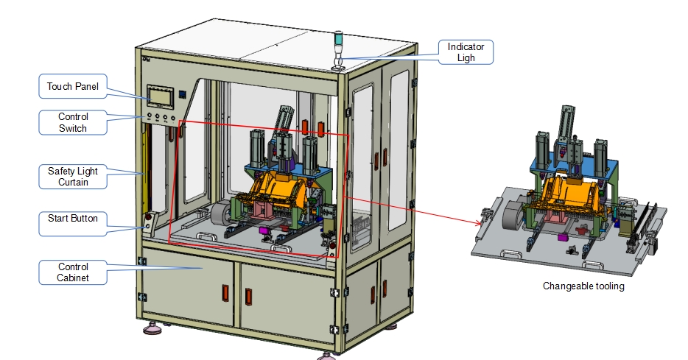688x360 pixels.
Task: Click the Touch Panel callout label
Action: pyautogui.click(x=73, y=86)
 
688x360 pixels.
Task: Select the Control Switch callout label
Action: pyautogui.click(x=73, y=122)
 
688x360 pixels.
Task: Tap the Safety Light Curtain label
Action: pyautogui.click(x=73, y=176)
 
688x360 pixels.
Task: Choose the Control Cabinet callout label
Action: pyautogui.click(x=73, y=272)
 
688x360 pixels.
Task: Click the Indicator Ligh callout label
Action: pyautogui.click(x=466, y=52)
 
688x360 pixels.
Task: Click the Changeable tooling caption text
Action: pyautogui.click(x=583, y=286)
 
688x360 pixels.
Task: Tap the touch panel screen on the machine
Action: pyautogui.click(x=160, y=96)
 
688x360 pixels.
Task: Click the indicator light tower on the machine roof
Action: pyautogui.click(x=338, y=49)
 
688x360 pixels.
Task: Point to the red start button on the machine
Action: pyautogui.click(x=148, y=216)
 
